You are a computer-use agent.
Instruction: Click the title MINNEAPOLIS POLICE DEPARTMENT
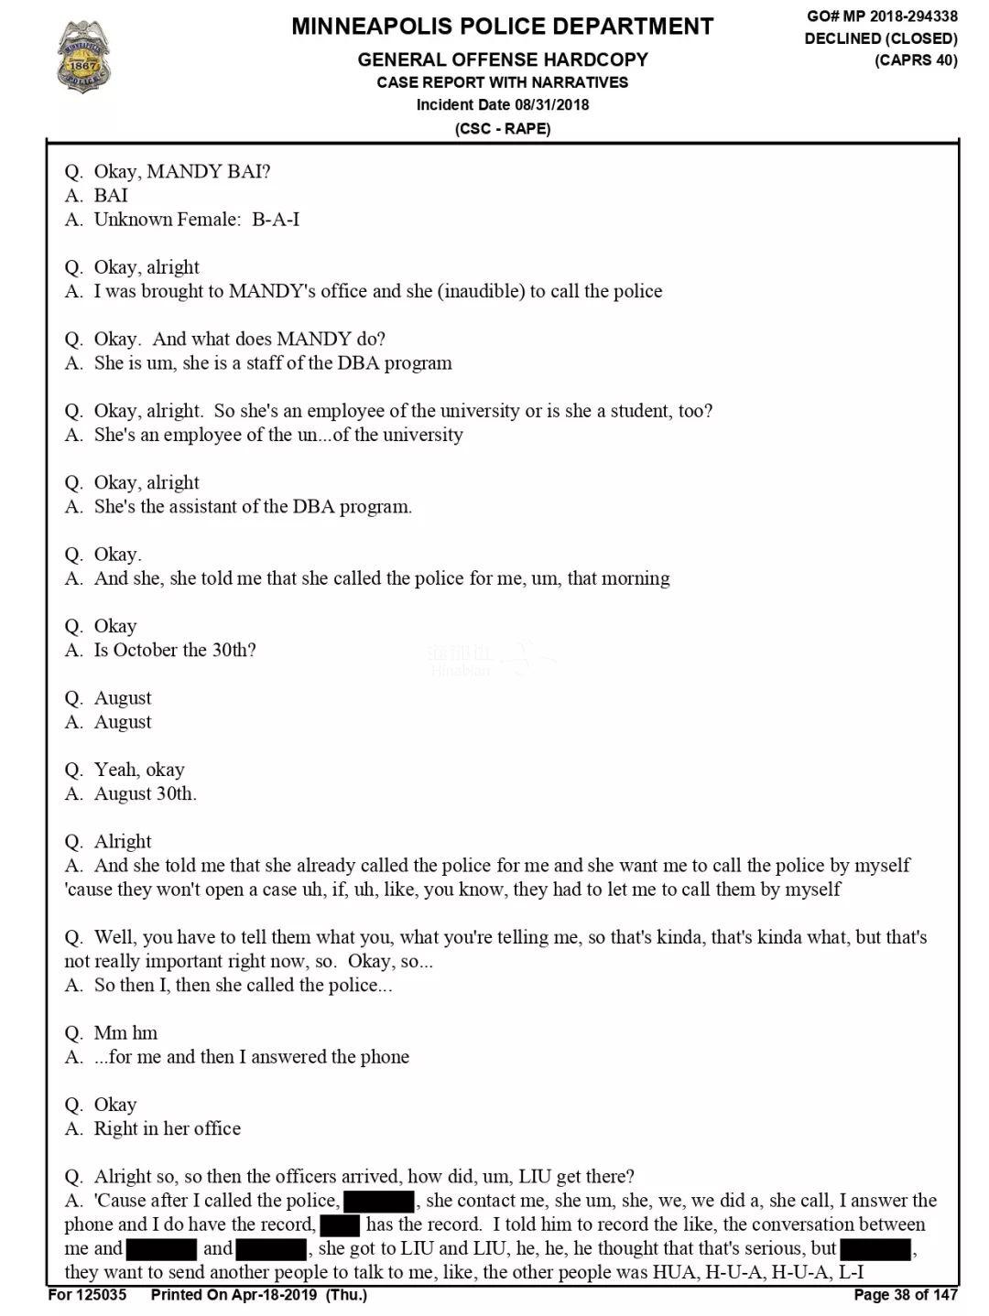coord(502,27)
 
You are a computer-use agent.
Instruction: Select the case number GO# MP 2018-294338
coord(882,16)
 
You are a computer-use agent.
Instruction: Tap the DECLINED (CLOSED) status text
coord(881,38)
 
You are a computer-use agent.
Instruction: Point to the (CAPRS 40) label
coord(916,60)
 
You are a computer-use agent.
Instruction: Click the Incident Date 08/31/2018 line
coord(502,104)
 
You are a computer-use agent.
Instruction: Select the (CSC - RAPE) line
coord(502,128)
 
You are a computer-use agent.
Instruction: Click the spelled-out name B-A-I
coord(276,220)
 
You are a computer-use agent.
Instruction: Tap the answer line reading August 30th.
coord(145,793)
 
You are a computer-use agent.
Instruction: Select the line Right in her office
coord(167,1128)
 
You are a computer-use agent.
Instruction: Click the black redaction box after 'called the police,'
coord(378,1201)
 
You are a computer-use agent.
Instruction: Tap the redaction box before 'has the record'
coord(339,1224)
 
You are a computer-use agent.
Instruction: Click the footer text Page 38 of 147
coord(905,1294)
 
